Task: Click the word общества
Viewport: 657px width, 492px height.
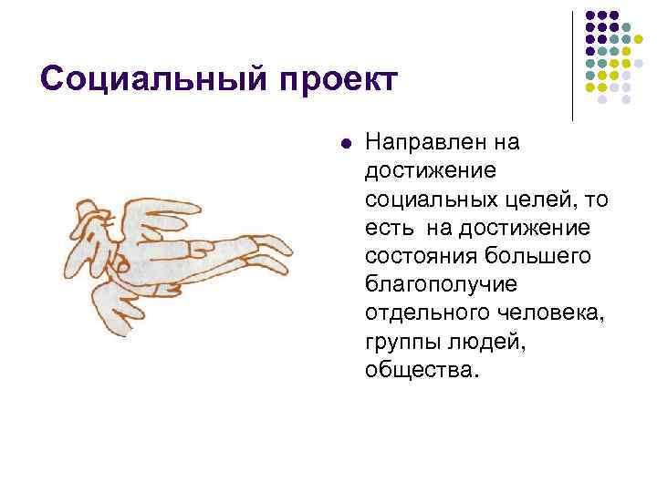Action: tap(419, 369)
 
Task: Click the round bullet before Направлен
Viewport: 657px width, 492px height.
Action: tap(344, 142)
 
